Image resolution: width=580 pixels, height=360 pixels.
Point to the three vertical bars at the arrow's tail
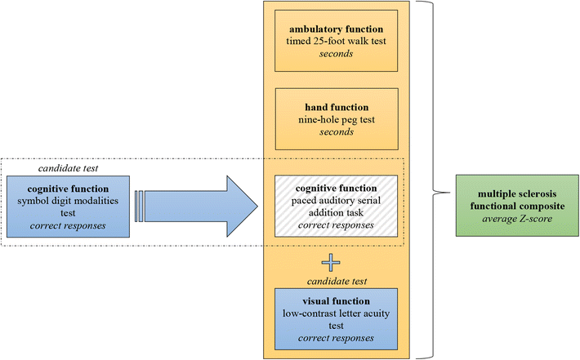141,200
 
